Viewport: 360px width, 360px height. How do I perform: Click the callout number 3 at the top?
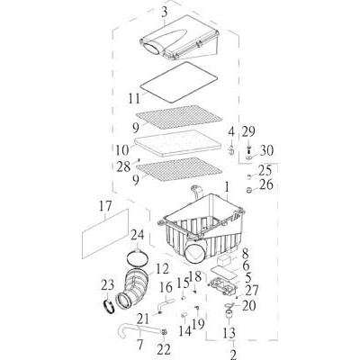pyautogui.click(x=164, y=13)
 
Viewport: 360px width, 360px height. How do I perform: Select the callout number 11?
pyautogui.click(x=134, y=98)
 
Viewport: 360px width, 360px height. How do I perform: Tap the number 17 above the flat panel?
pyautogui.click(x=105, y=206)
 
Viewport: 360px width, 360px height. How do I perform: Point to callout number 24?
pyautogui.click(x=137, y=235)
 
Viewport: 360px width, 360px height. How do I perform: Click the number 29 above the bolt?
pyautogui.click(x=248, y=132)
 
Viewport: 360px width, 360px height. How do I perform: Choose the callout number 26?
pyautogui.click(x=266, y=184)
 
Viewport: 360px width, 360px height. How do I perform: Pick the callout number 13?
pyautogui.click(x=229, y=333)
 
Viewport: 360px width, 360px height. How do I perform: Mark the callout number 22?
pyautogui.click(x=164, y=349)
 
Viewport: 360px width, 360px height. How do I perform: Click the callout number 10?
pyautogui.click(x=122, y=149)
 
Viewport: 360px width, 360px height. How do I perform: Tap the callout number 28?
pyautogui.click(x=123, y=166)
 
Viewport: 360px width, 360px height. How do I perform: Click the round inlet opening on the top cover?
pyautogui.click(x=153, y=49)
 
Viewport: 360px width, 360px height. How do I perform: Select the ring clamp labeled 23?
pyautogui.click(x=110, y=307)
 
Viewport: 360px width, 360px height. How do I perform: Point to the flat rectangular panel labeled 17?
pyautogui.click(x=105, y=234)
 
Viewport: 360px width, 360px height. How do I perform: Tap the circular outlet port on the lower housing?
pyautogui.click(x=195, y=254)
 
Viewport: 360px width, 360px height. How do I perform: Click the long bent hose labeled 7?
pyautogui.click(x=138, y=330)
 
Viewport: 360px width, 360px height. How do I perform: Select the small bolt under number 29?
pyautogui.click(x=248, y=148)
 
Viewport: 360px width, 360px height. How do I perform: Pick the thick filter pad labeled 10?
pyautogui.click(x=179, y=143)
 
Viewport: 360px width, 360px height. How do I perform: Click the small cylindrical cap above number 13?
pyautogui.click(x=229, y=314)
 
